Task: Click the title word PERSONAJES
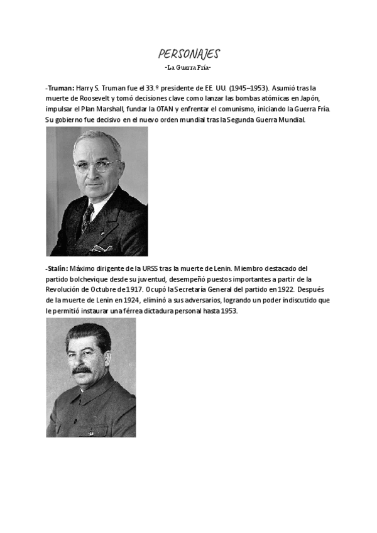tap(188, 54)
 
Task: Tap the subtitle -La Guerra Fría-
tap(188, 67)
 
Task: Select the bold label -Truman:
tap(60, 89)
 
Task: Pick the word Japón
tap(317, 99)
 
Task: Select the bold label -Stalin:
tap(57, 269)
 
